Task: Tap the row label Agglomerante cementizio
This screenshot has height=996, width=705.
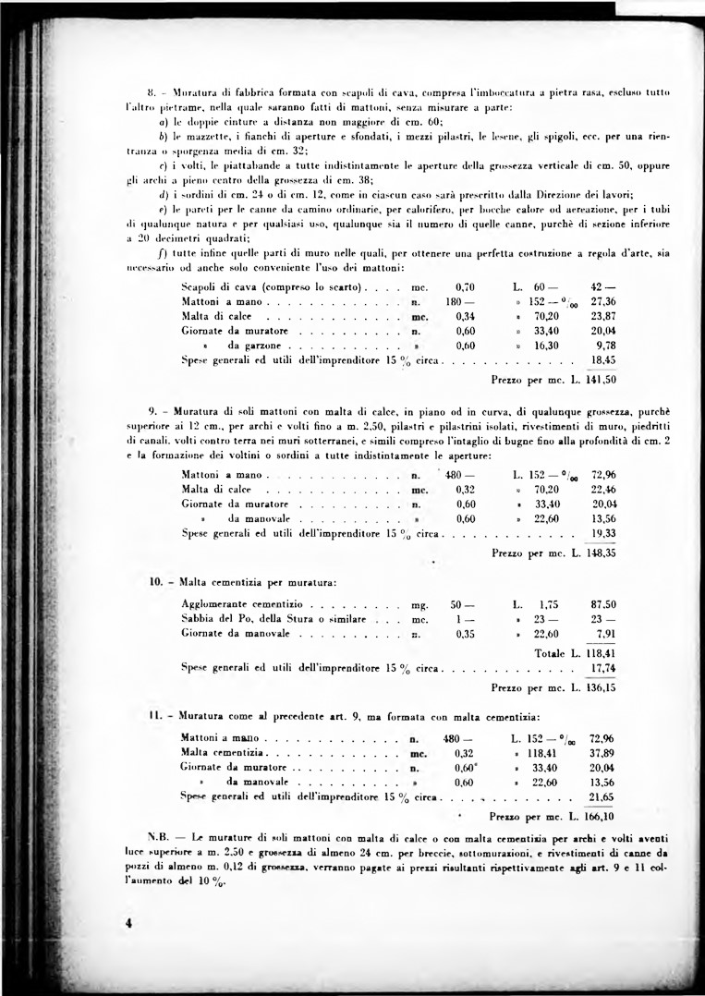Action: click(x=237, y=603)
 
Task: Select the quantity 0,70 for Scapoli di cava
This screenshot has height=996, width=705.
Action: click(x=466, y=287)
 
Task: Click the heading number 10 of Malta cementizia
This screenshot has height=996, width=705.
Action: click(x=156, y=582)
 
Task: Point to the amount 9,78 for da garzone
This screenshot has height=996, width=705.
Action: click(x=606, y=344)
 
